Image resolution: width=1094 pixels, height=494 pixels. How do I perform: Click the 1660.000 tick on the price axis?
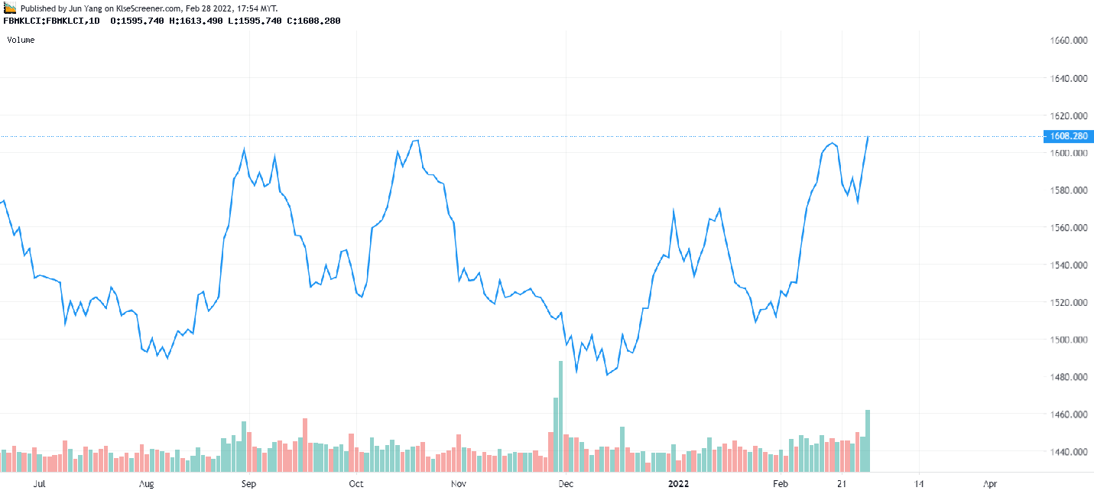pyautogui.click(x=1070, y=41)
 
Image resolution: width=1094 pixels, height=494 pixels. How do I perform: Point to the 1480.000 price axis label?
pyautogui.click(x=1070, y=377)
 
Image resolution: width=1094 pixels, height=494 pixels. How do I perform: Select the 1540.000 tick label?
pyautogui.click(x=1070, y=265)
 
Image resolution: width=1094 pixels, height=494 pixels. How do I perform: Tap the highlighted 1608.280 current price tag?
pyautogui.click(x=1069, y=136)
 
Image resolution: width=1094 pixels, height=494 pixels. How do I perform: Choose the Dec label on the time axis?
pyautogui.click(x=566, y=484)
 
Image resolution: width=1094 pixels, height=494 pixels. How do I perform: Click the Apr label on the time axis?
pyautogui.click(x=989, y=484)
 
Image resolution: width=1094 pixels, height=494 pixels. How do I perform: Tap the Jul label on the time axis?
pyautogui.click(x=41, y=484)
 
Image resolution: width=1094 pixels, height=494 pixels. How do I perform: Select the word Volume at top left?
pyautogui.click(x=21, y=40)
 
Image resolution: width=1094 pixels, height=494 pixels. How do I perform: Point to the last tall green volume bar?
pyautogui.click(x=868, y=440)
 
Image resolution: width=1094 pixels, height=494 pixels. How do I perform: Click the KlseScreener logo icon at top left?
pyautogui.click(x=10, y=7)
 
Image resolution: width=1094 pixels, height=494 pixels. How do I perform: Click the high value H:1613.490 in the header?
pyautogui.click(x=196, y=21)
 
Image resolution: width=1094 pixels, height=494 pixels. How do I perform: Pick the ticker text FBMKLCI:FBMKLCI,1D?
pyautogui.click(x=52, y=21)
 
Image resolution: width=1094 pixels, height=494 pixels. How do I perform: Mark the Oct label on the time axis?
pyautogui.click(x=355, y=484)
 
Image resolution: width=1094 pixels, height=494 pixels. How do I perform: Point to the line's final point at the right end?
pyautogui.click(x=868, y=137)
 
